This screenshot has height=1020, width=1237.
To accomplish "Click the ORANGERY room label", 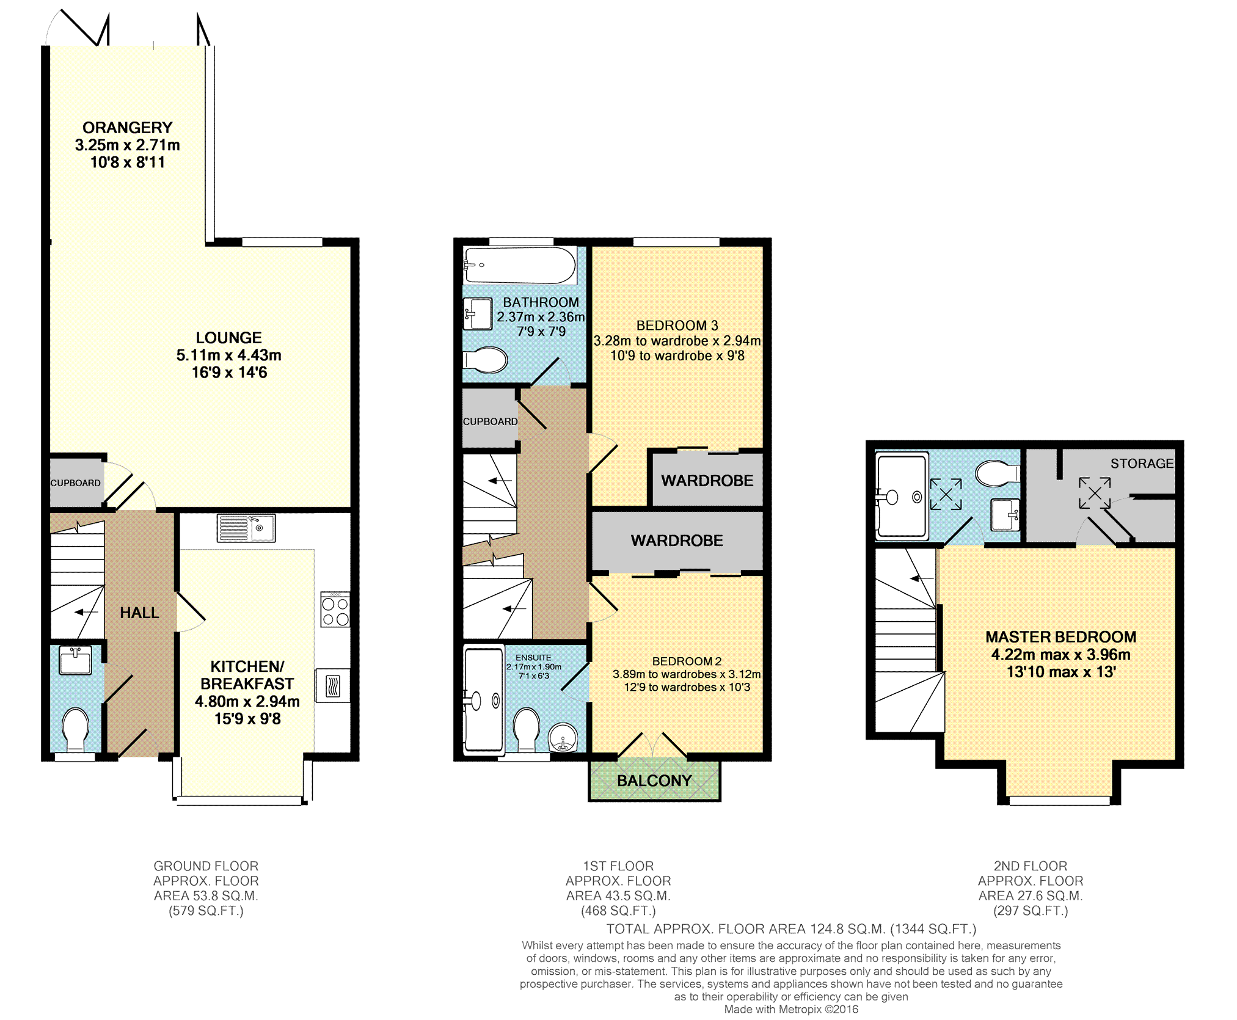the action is [x=127, y=128].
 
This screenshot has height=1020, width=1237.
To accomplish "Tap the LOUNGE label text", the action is [x=228, y=338].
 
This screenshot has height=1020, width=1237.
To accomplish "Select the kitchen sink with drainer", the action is [x=246, y=528].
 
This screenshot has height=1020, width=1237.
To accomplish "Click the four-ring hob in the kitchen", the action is [x=335, y=609].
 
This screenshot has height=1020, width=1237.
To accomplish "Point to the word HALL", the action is [x=139, y=613].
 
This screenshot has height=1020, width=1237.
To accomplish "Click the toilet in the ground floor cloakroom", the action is [x=76, y=729].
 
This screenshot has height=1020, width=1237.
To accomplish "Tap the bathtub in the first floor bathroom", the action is [x=520, y=265].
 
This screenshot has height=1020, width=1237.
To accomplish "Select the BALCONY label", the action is [x=654, y=781].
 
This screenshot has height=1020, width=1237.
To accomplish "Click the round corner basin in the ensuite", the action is [x=563, y=738].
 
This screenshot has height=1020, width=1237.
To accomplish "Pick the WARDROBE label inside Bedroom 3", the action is [x=707, y=481].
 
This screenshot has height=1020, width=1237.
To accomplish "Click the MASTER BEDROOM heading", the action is [x=1060, y=637].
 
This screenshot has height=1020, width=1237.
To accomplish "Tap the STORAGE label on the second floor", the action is [x=1142, y=464].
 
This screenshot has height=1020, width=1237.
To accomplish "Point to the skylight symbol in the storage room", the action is [x=1094, y=493].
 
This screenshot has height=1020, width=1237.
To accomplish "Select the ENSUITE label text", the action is [x=533, y=658].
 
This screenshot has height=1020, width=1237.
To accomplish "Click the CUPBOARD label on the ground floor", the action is [x=75, y=483].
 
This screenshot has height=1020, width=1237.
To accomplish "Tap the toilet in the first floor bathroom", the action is [x=486, y=360].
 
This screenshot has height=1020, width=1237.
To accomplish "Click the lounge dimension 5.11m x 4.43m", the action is [x=228, y=355].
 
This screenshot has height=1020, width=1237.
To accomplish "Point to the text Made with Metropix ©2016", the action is [x=791, y=1010].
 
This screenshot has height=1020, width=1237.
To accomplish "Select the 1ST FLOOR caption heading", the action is [x=618, y=866].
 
